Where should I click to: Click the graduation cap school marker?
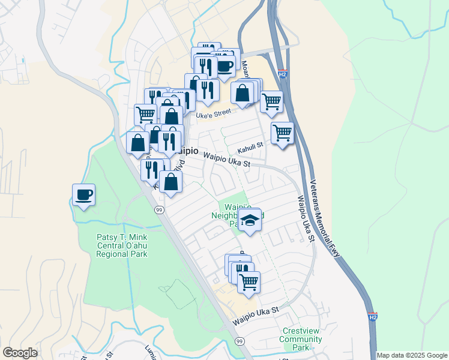(x=250, y=221)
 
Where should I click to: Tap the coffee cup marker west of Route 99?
(x=83, y=195)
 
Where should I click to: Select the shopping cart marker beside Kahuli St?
(x=282, y=133)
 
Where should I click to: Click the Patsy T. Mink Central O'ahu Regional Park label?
(x=122, y=245)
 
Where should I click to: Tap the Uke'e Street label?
(x=214, y=112)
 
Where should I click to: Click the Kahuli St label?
(x=250, y=145)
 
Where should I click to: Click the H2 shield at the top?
(x=283, y=74)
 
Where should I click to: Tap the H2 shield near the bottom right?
(x=373, y=316)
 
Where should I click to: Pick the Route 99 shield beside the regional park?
(x=159, y=209)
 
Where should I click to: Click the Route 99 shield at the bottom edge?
(x=240, y=341)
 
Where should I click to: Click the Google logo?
(x=20, y=353)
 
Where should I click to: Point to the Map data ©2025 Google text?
(x=412, y=355)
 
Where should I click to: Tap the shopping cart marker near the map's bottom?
(x=249, y=282)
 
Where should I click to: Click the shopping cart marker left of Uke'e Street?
(x=145, y=115)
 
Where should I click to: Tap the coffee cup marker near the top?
(x=225, y=68)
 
